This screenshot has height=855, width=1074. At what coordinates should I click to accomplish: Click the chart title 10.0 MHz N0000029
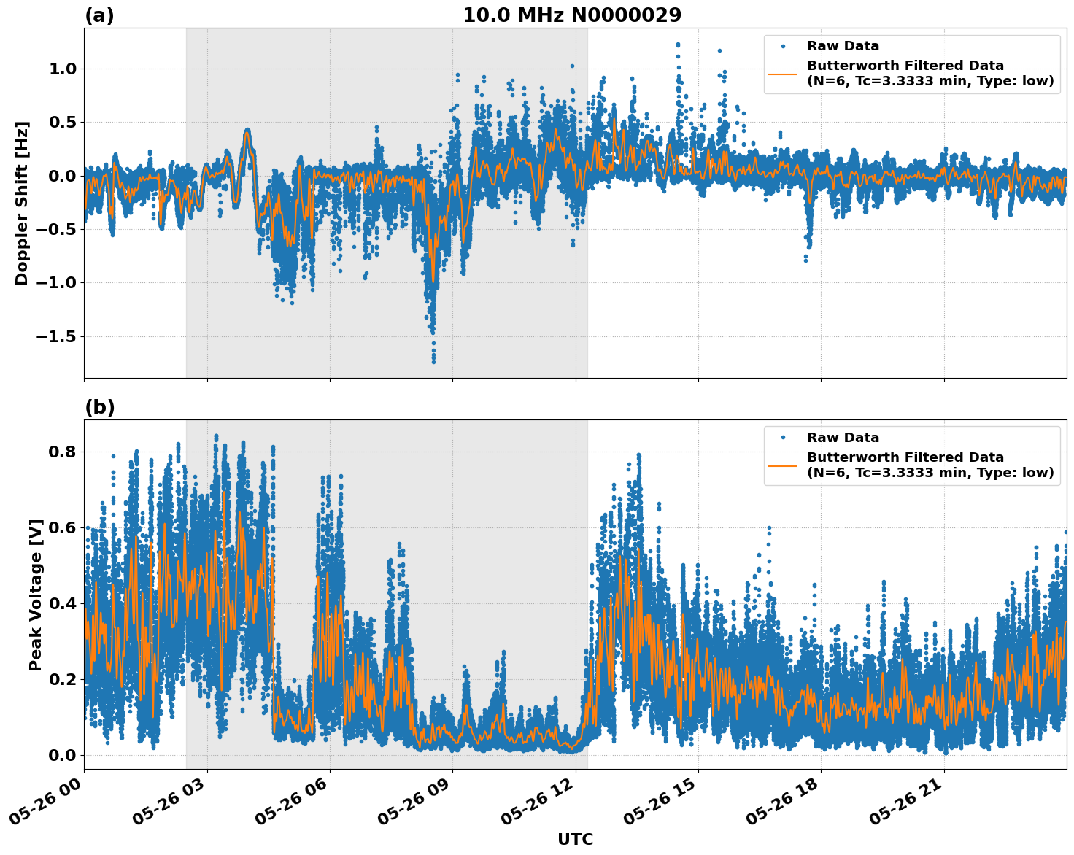(x=572, y=15)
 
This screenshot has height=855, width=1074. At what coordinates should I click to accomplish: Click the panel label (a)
(x=99, y=15)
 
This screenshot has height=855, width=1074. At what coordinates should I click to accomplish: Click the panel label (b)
(x=99, y=407)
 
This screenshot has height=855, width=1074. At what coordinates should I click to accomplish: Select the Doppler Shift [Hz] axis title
(x=22, y=203)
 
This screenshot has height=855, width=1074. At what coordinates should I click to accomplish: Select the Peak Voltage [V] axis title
(x=36, y=595)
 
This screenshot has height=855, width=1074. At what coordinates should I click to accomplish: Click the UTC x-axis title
(x=575, y=839)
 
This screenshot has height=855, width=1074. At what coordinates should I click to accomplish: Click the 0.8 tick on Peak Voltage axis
(x=62, y=452)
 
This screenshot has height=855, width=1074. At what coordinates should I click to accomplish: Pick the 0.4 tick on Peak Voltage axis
(x=62, y=603)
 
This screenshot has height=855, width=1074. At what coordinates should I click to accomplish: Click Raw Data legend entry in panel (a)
(x=843, y=46)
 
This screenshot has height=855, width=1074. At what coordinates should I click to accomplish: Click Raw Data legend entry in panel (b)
(x=843, y=438)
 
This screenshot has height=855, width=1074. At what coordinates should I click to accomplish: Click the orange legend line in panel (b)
(x=783, y=465)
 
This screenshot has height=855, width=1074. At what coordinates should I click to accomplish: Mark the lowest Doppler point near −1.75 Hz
(x=433, y=361)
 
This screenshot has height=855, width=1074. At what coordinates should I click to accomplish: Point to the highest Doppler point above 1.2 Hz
(x=678, y=45)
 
